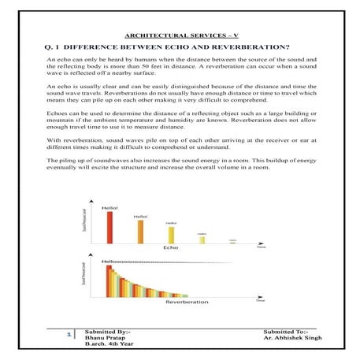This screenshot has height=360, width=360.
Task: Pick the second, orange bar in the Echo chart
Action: (x=140, y=232)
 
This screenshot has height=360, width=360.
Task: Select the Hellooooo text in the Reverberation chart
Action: (x=134, y=260)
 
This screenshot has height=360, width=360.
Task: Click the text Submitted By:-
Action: (x=108, y=331)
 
